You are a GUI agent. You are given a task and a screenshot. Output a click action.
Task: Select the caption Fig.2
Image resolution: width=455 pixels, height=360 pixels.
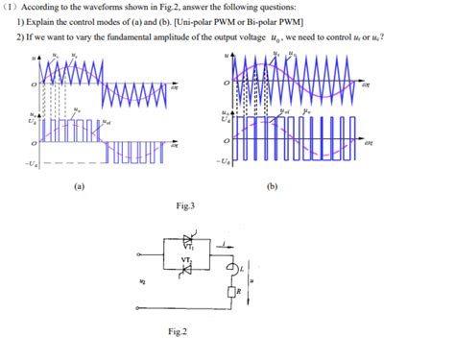tap(177, 332)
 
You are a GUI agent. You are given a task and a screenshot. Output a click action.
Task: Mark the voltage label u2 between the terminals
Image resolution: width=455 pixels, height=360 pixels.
tap(144, 283)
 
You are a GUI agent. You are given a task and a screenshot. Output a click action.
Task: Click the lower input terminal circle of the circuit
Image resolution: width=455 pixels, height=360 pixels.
tap(140, 307)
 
